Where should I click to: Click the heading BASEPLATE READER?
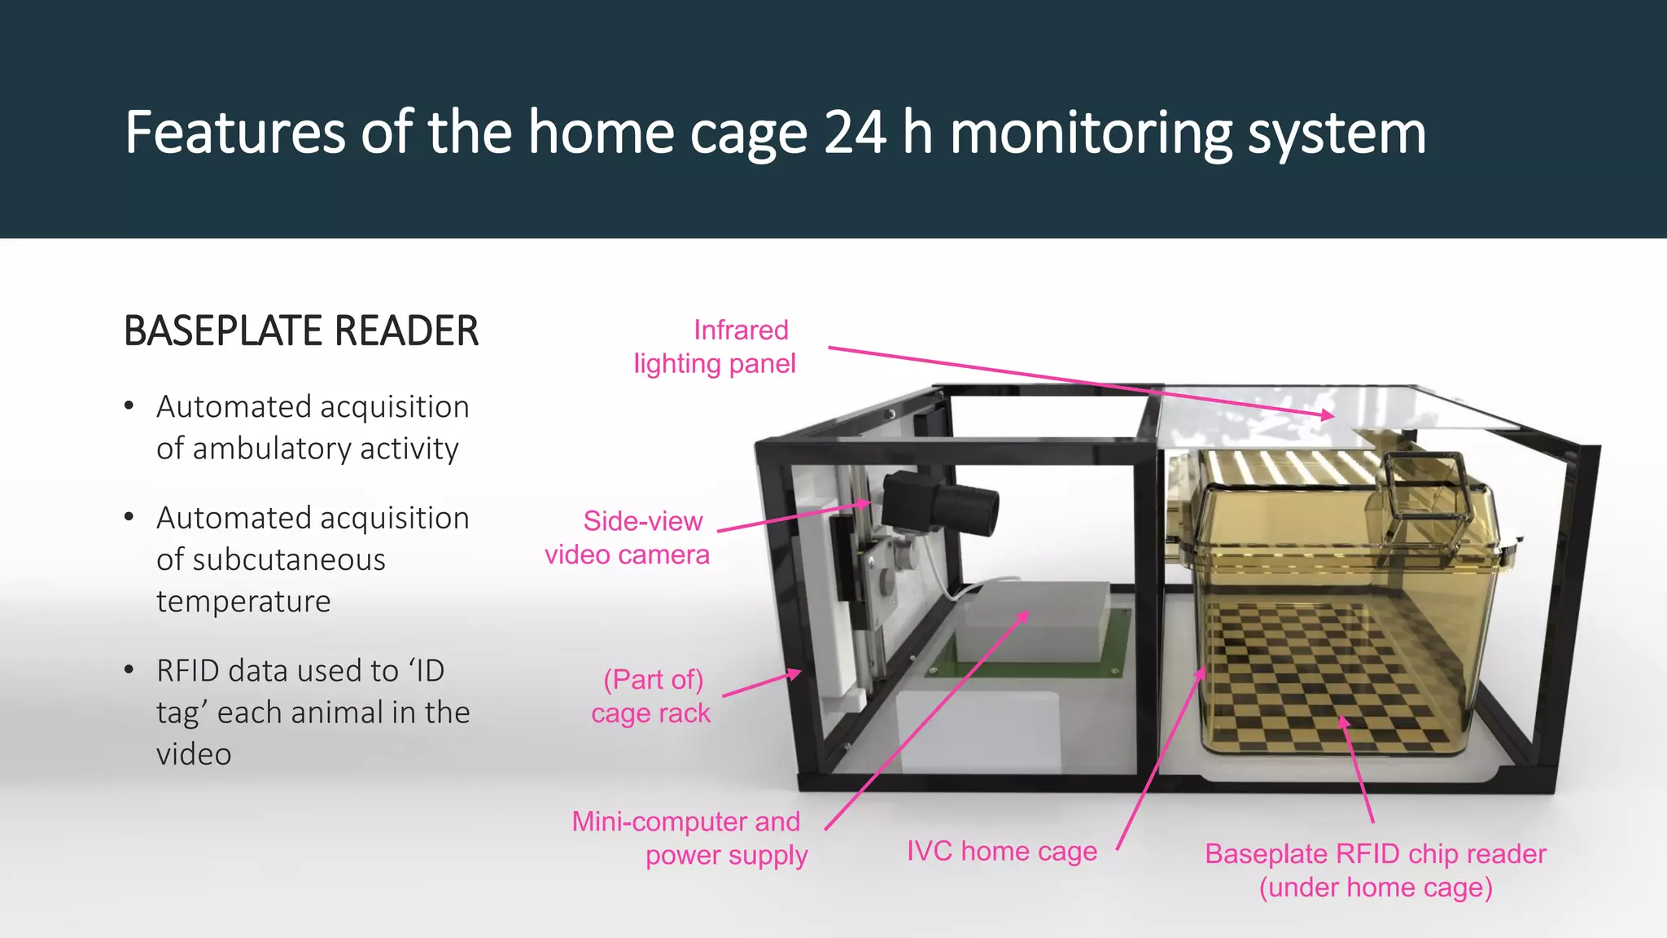coord(301,331)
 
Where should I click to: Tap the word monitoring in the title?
coord(1091,134)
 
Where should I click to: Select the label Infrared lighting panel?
coord(715,347)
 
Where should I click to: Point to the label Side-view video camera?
coord(627,537)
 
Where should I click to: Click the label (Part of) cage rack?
coord(651,696)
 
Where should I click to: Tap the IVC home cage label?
coord(1002,851)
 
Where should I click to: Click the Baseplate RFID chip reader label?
coord(1376,870)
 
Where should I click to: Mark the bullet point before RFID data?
coord(129,670)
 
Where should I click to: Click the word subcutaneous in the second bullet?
coord(271,559)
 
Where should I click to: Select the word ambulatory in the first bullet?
coord(272,449)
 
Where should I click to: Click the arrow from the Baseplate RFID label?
coord(1358,769)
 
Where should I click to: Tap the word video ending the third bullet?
coord(194,754)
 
